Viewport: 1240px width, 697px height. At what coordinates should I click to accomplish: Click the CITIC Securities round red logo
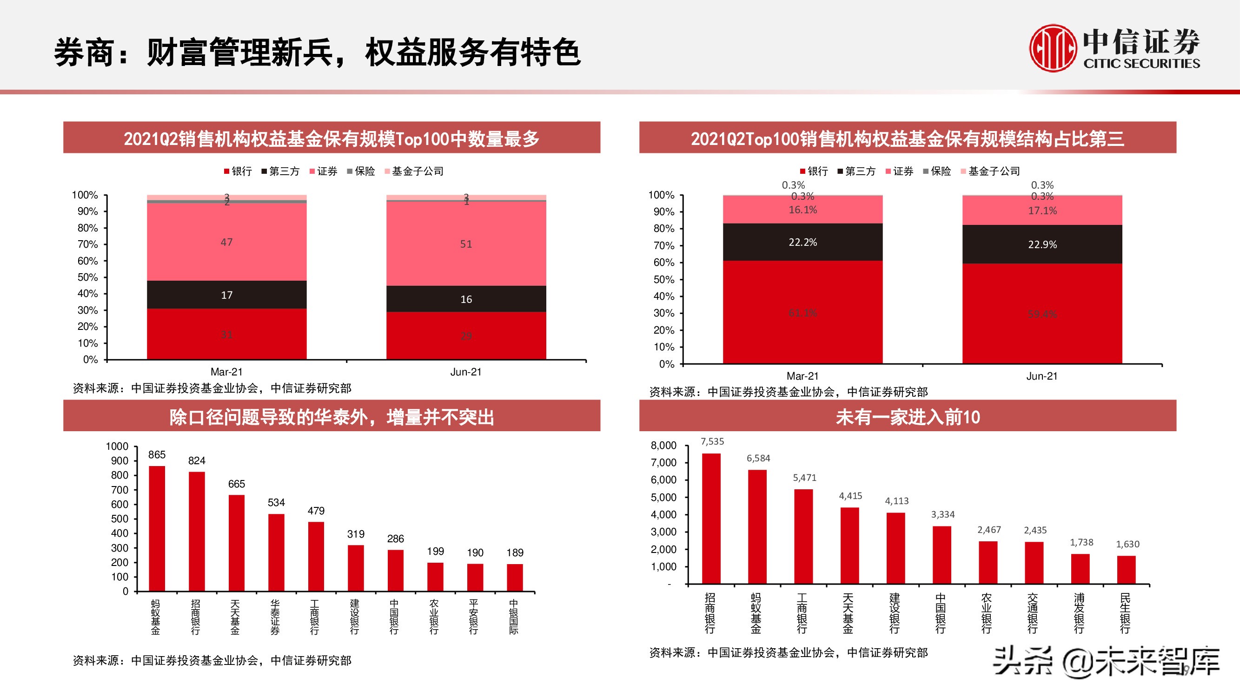(x=1053, y=48)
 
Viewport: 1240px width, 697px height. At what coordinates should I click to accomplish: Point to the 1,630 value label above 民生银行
(x=1127, y=544)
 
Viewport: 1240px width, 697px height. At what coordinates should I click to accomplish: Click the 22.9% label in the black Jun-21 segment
(x=1042, y=244)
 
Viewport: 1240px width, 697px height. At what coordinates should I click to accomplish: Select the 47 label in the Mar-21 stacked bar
(x=227, y=242)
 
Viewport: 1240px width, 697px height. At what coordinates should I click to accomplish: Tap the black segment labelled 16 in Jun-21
(x=466, y=299)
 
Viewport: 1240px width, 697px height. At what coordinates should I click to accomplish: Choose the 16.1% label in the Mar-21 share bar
(x=802, y=210)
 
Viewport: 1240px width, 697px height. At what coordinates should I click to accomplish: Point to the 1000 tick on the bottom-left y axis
(x=117, y=447)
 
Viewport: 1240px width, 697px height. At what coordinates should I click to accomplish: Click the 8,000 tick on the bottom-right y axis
(x=663, y=446)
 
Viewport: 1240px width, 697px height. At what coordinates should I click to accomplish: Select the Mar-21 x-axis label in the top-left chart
(x=227, y=372)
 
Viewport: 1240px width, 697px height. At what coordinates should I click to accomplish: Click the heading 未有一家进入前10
(x=908, y=416)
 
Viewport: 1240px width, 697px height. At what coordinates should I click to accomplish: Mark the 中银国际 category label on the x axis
(x=514, y=617)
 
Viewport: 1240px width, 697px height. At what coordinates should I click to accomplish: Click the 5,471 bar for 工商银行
(x=803, y=536)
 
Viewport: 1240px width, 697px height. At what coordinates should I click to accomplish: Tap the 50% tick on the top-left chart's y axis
(x=87, y=277)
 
